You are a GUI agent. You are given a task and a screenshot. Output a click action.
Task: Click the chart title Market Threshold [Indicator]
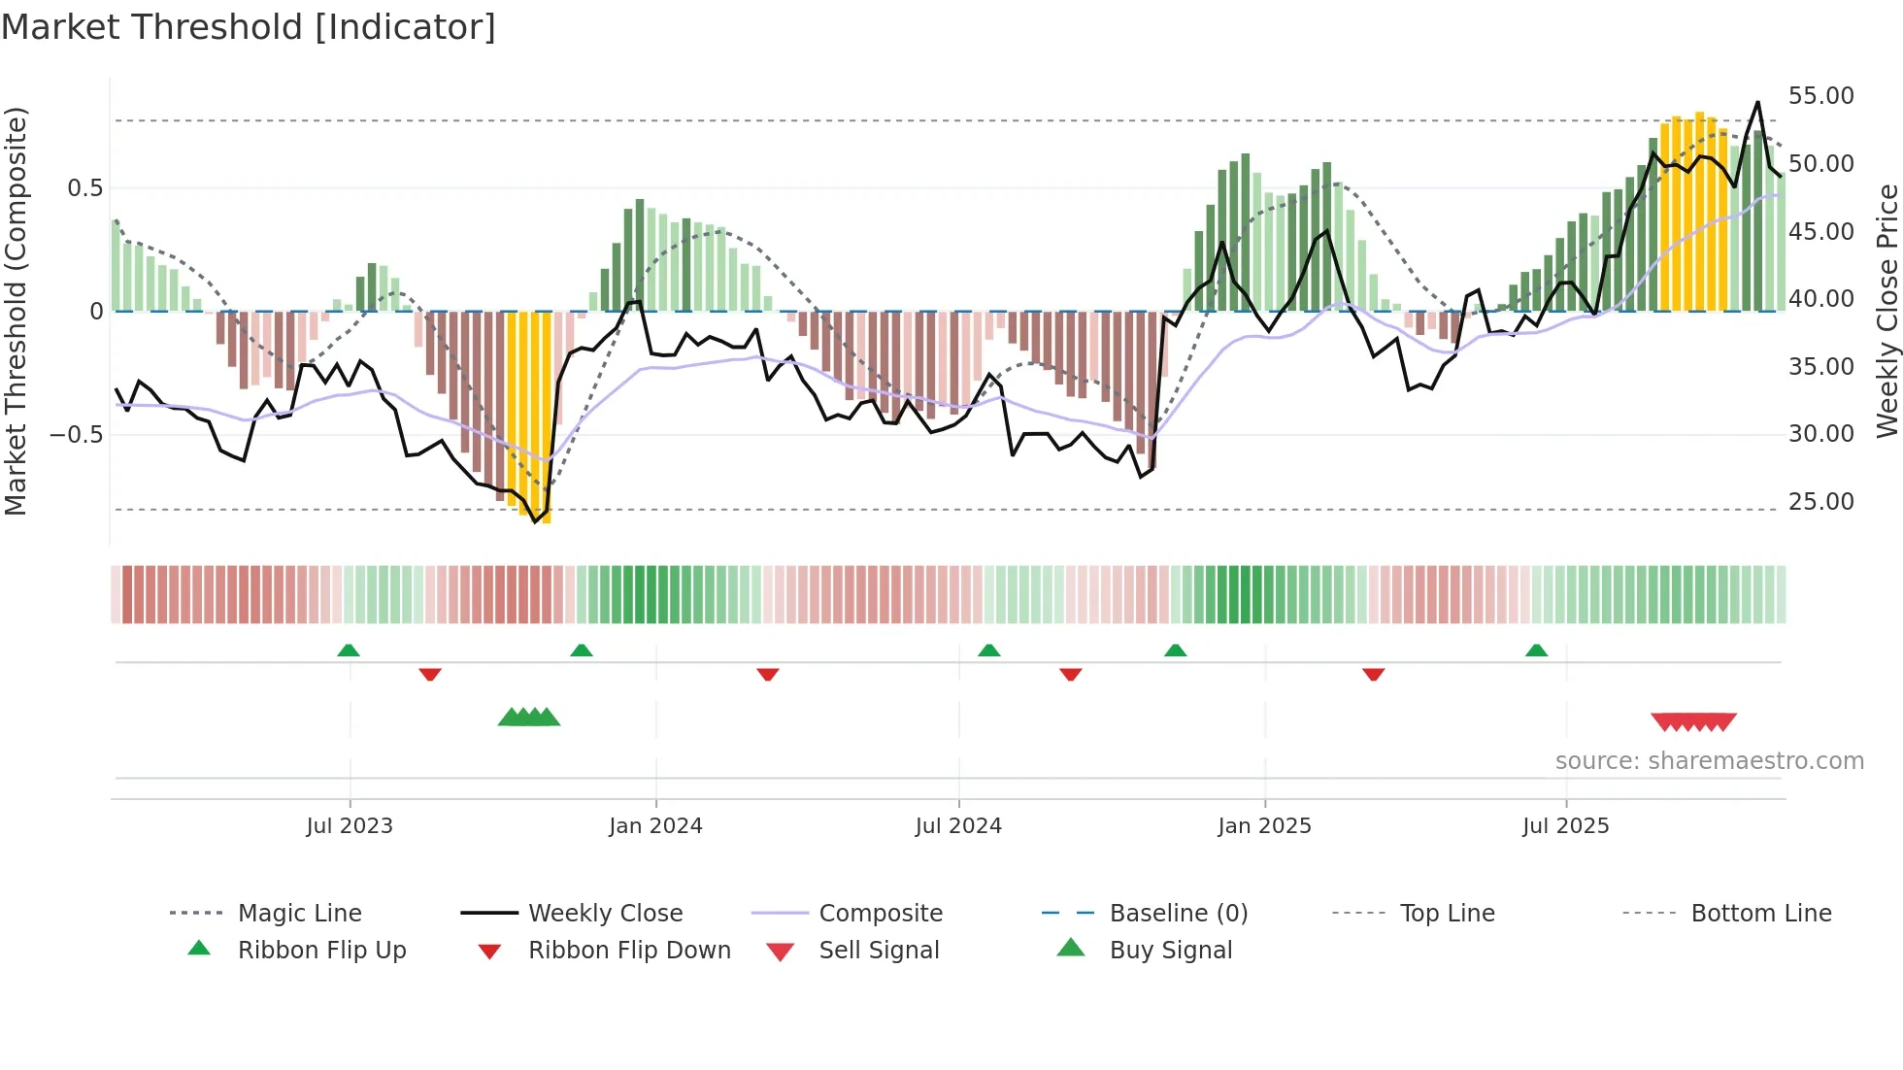pos(249,27)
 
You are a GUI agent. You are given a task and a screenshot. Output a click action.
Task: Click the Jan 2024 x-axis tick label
pos(655,825)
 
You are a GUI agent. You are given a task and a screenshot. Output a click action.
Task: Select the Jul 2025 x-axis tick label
pos(1565,825)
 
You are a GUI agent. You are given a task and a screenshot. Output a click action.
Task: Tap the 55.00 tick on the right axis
pos(1820,95)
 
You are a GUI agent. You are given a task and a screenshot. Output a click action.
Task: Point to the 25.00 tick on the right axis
pos(1820,501)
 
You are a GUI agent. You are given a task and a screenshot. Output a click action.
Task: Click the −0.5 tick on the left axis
pos(76,434)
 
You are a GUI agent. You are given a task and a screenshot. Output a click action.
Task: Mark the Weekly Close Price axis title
pos(1886,311)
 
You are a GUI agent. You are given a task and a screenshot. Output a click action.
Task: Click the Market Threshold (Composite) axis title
pos(16,311)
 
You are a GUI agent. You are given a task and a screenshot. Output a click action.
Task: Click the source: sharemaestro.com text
pos(1709,760)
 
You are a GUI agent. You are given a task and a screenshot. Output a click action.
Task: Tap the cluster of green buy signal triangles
pos(529,718)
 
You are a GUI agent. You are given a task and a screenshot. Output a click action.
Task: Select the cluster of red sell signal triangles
pos(1693,721)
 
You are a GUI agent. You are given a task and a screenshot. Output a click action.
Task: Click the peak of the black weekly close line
pos(1757,103)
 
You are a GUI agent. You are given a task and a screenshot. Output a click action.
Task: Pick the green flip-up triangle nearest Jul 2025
pos(1536,651)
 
